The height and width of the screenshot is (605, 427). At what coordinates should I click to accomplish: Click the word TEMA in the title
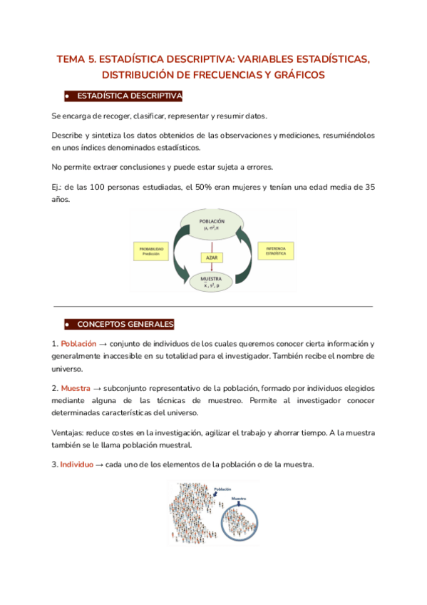pyautogui.click(x=71, y=59)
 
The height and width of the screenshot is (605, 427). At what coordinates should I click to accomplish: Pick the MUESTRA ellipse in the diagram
pyautogui.click(x=212, y=282)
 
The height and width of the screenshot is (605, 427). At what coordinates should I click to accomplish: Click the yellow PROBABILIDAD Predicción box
pyautogui.click(x=153, y=250)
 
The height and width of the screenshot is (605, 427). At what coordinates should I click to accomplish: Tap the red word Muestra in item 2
pyautogui.click(x=76, y=389)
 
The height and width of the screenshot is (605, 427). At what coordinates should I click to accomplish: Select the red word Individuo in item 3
pyautogui.click(x=76, y=464)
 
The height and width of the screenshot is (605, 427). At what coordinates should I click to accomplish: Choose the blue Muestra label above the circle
pyautogui.click(x=239, y=499)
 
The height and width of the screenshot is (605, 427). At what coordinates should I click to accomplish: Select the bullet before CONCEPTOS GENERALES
pyautogui.click(x=66, y=324)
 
